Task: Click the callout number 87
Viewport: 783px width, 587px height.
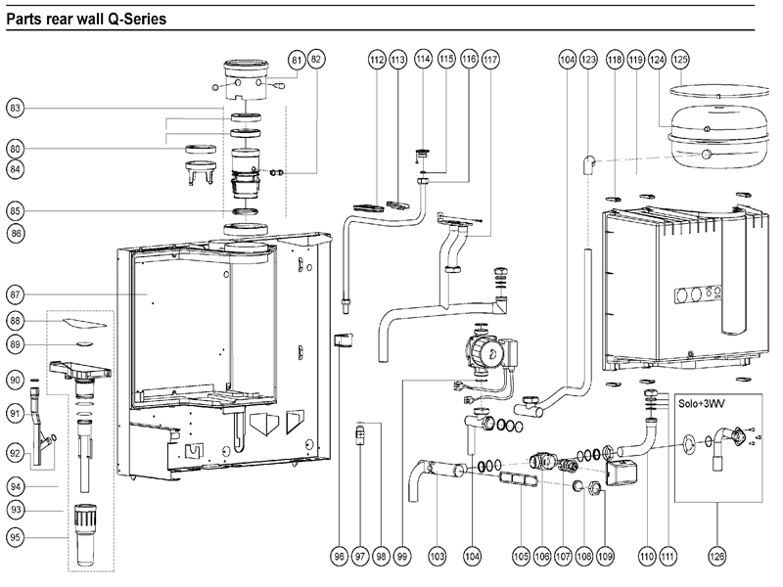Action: coord(16,293)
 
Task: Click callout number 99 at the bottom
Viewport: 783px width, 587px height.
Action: coord(403,556)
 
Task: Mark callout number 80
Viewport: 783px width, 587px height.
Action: coord(16,149)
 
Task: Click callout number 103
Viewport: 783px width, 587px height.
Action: coord(437,556)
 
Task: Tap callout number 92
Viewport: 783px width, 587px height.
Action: coord(16,453)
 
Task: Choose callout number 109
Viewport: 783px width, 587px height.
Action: coord(605,556)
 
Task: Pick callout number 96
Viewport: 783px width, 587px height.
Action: coord(339,556)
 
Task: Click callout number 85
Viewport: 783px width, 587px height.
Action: coord(16,210)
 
